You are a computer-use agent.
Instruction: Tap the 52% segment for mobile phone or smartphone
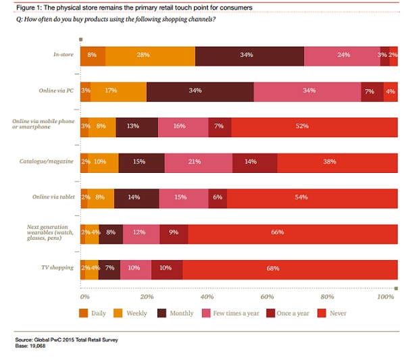point(314,126)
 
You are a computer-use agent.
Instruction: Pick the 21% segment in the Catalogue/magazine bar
point(198,162)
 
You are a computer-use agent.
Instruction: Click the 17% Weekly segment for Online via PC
point(118,91)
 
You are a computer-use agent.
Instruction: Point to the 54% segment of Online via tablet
point(312,197)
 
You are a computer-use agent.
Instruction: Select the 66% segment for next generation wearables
point(293,233)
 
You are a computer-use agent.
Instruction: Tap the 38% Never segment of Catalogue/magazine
point(337,162)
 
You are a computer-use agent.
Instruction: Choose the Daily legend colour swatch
point(84,313)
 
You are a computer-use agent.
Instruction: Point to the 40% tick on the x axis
point(207,296)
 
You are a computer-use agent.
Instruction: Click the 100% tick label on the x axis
point(385,296)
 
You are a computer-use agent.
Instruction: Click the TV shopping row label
point(58,268)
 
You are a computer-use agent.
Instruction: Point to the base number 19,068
point(43,346)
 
